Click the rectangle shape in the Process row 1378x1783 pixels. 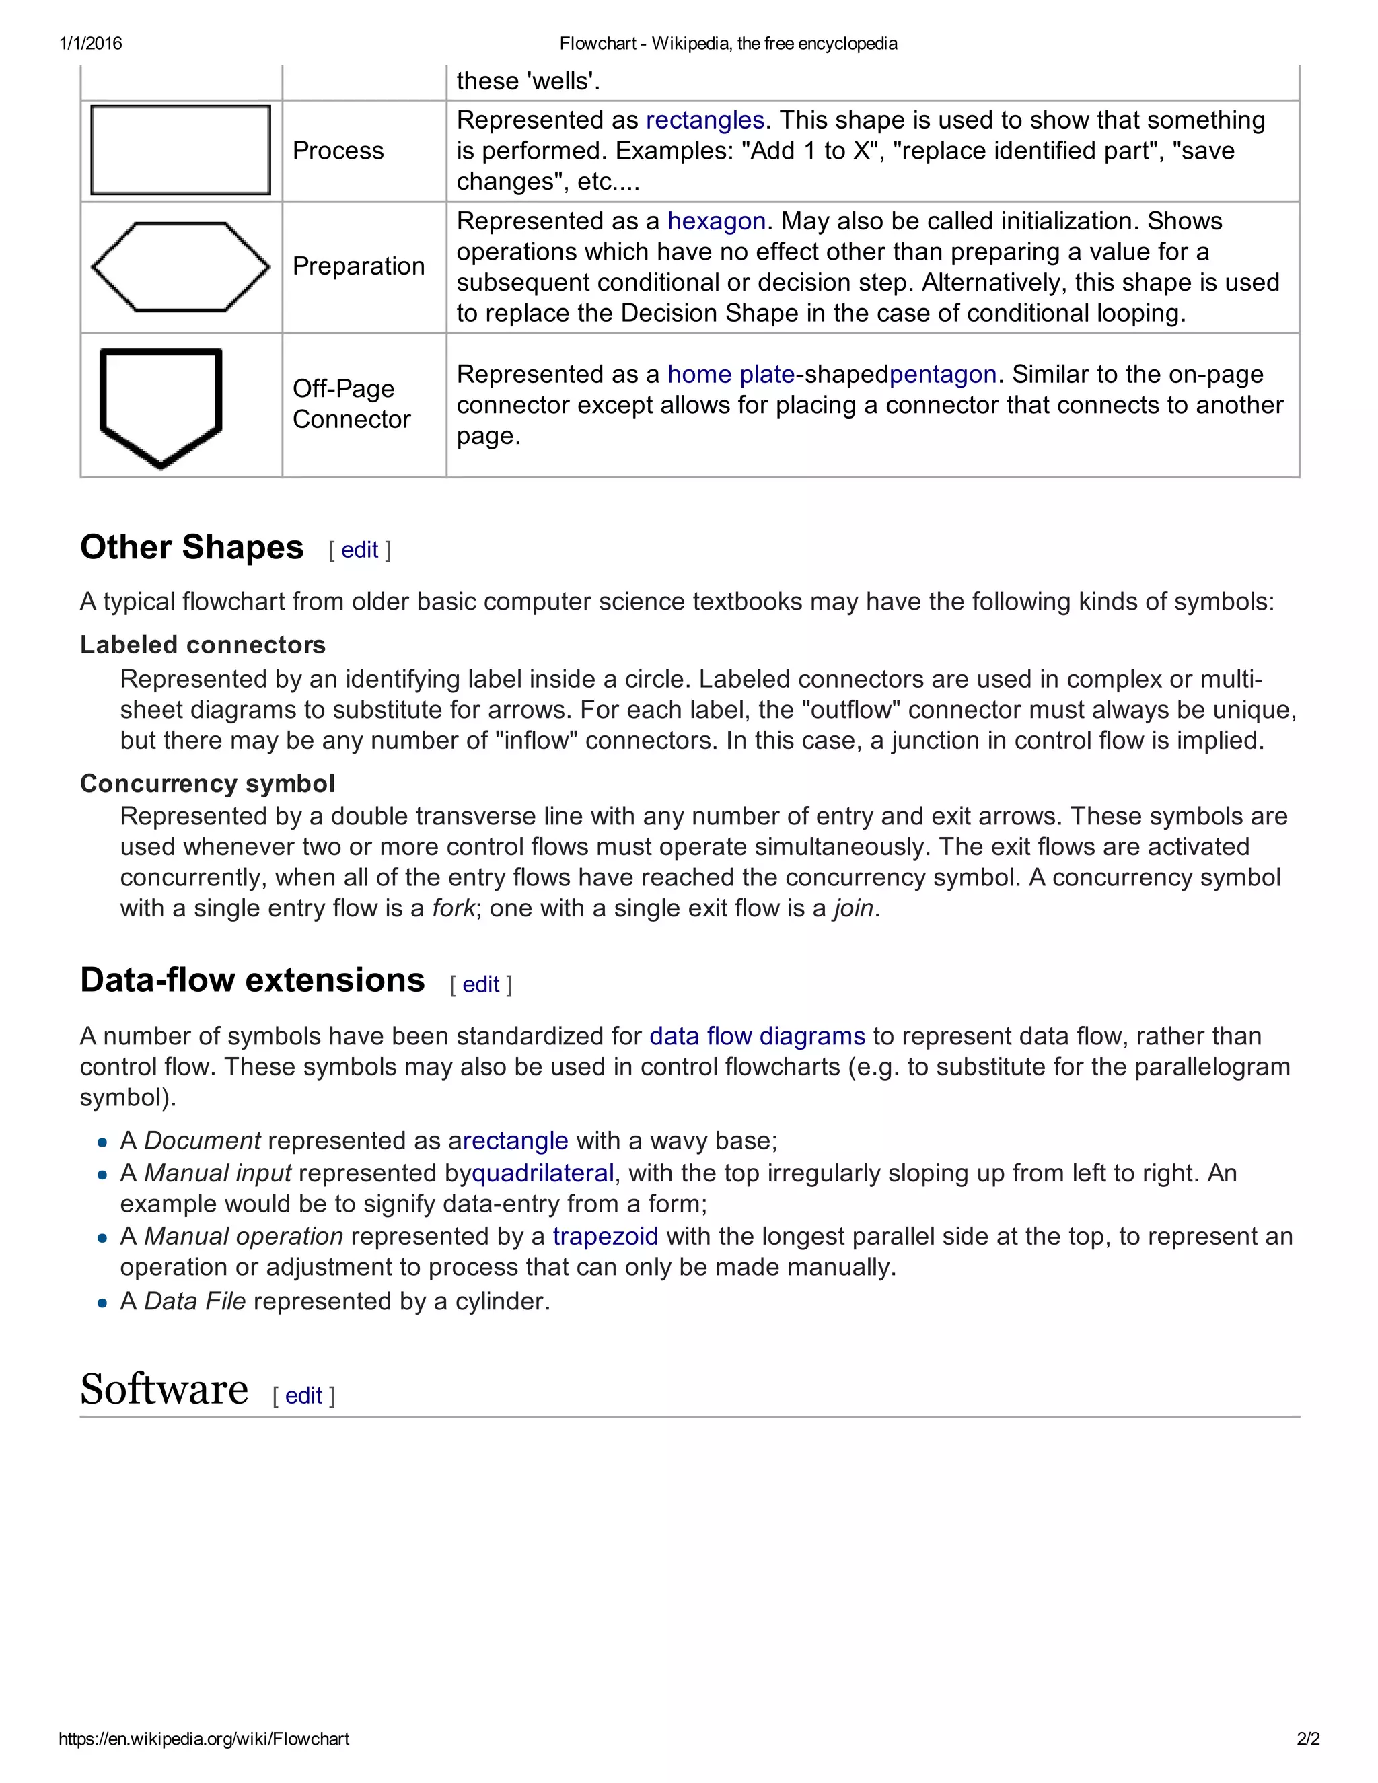pyautogui.click(x=180, y=150)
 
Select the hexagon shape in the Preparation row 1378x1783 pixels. pyautogui.click(x=180, y=267)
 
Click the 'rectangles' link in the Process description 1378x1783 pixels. pyautogui.click(x=704, y=120)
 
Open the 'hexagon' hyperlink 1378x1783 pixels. pyautogui.click(x=716, y=221)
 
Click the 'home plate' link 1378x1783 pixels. pyautogui.click(x=731, y=375)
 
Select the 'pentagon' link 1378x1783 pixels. pyautogui.click(x=943, y=375)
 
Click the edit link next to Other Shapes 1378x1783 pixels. pyautogui.click(x=359, y=550)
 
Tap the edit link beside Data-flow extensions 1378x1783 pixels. pyautogui.click(x=481, y=984)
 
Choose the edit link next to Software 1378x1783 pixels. pyautogui.click(x=303, y=1396)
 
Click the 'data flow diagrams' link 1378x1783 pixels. pyautogui.click(x=757, y=1037)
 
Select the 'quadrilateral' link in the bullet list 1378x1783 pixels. pyautogui.click(x=543, y=1174)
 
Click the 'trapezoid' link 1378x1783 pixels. pyautogui.click(x=605, y=1237)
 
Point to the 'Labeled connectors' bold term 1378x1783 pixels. pyautogui.click(x=203, y=645)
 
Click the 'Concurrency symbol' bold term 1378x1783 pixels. pyautogui.click(x=207, y=784)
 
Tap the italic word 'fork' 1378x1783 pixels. pyautogui.click(x=453, y=908)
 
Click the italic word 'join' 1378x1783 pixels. pyautogui.click(x=853, y=908)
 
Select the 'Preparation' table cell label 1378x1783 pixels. pyautogui.click(x=359, y=266)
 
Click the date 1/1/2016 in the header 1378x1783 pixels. pyautogui.click(x=91, y=43)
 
